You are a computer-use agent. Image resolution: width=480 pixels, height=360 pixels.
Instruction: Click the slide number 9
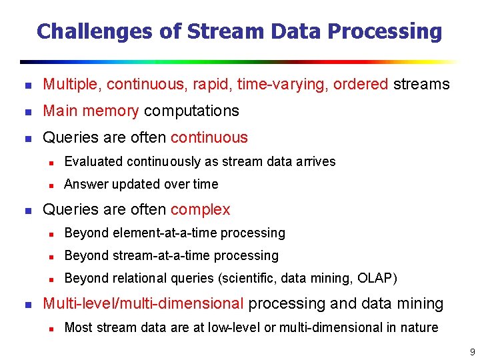point(472,351)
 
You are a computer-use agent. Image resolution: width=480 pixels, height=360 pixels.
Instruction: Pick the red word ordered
point(360,84)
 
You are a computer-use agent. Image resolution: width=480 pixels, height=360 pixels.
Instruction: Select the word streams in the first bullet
point(421,84)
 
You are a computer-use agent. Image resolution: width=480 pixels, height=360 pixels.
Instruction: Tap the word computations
point(191,111)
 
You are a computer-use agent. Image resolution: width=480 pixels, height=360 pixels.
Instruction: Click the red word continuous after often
point(209,137)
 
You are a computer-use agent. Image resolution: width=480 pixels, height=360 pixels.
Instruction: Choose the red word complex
point(200,209)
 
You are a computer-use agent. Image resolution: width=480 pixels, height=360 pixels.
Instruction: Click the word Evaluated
point(93,161)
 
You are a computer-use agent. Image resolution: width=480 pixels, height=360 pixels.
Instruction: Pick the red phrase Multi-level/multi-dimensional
point(143,303)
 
